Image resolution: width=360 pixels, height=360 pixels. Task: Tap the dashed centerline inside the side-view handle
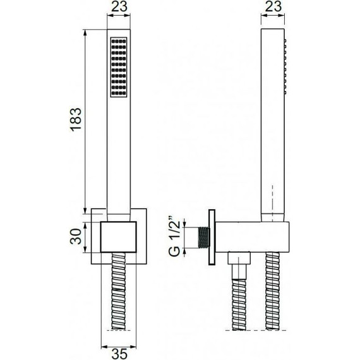[272, 202]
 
